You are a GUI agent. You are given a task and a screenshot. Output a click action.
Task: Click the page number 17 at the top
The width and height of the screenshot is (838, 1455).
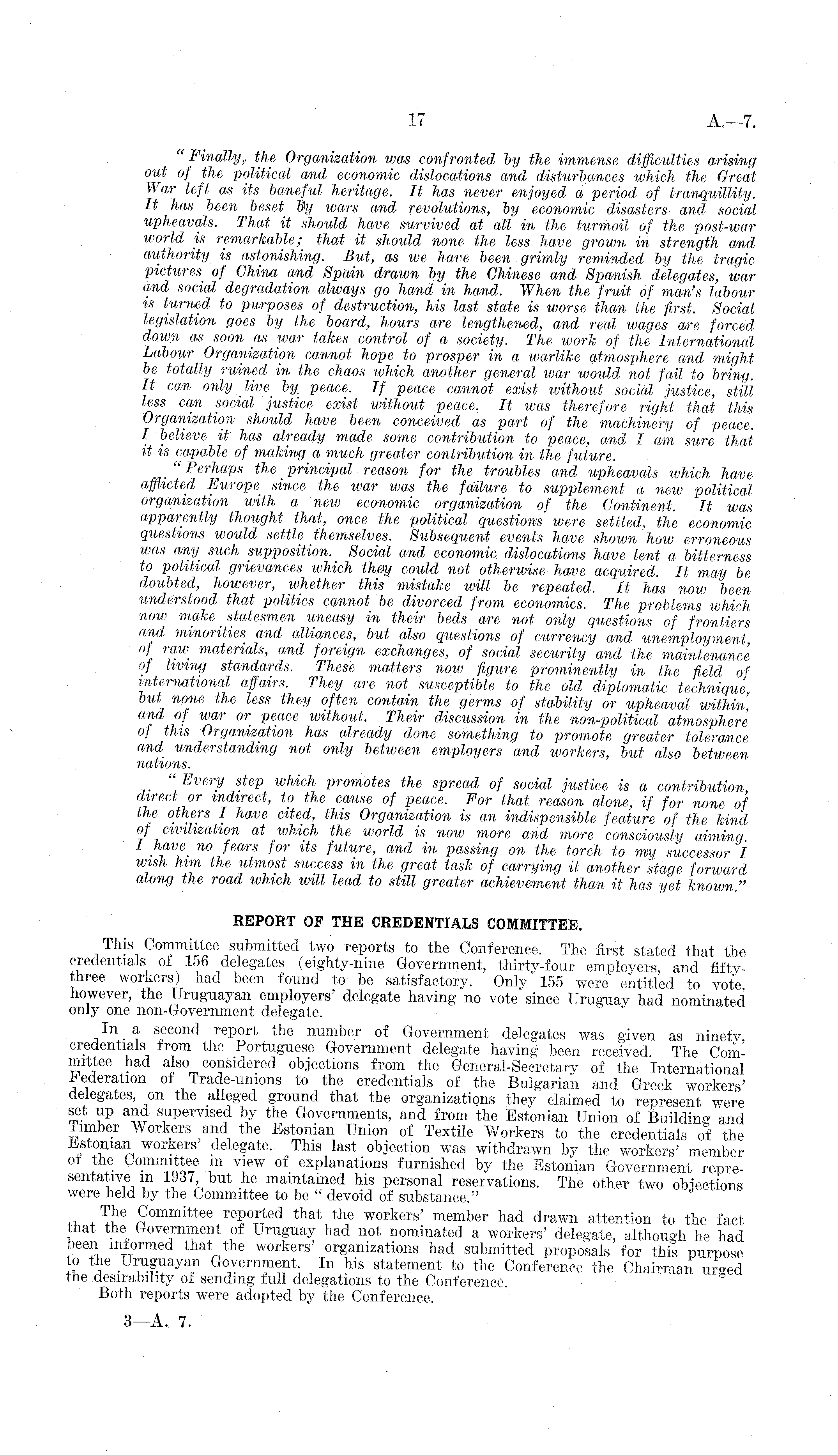416,120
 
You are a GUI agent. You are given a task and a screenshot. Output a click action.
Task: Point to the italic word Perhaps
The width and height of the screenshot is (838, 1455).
202,473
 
